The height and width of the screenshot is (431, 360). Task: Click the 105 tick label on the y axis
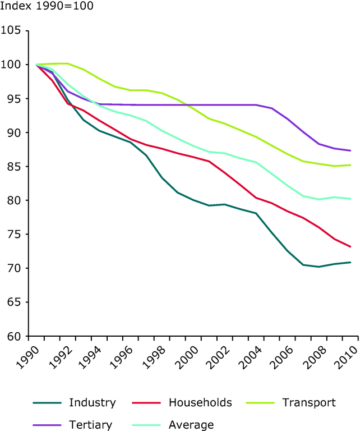tap(11, 30)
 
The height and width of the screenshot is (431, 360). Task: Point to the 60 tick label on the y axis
tap(13, 337)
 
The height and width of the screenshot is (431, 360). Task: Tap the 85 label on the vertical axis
tap(13, 167)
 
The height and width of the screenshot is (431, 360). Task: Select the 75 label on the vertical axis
tap(13, 235)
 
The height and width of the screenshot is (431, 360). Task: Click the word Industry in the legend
tap(93, 402)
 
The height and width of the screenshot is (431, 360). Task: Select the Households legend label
tap(200, 402)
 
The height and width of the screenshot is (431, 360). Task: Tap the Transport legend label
tap(309, 402)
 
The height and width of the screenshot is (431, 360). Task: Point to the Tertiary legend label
tap(91, 425)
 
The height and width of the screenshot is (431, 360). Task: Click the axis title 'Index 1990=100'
tap(47, 7)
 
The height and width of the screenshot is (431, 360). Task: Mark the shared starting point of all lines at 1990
tap(36, 65)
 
